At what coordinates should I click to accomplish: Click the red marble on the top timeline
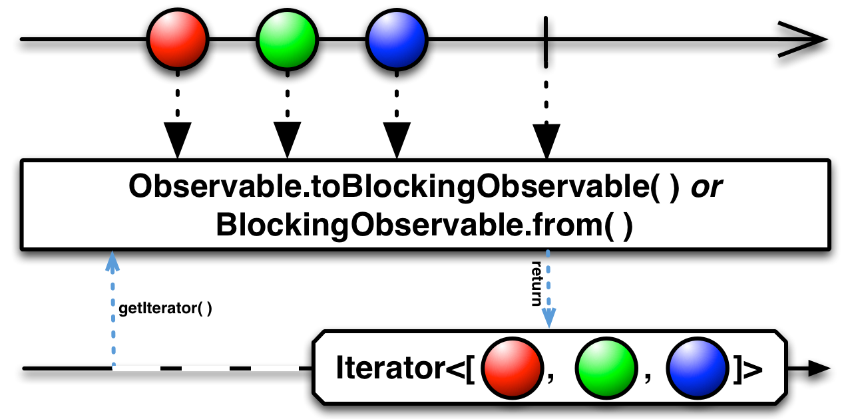pyautogui.click(x=178, y=39)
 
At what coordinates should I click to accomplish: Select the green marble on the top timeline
pyautogui.click(x=287, y=39)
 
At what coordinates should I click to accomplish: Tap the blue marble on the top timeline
pyautogui.click(x=397, y=39)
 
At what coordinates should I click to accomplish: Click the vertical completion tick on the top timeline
pyautogui.click(x=546, y=42)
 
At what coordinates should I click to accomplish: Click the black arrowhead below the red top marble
pyautogui.click(x=178, y=140)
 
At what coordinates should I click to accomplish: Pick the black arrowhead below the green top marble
pyautogui.click(x=287, y=140)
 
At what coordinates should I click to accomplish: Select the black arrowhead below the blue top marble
pyautogui.click(x=397, y=140)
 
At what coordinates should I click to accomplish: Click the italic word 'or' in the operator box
pyautogui.click(x=706, y=187)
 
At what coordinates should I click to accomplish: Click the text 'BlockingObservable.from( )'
pyautogui.click(x=425, y=225)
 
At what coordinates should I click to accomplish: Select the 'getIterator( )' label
pyautogui.click(x=165, y=308)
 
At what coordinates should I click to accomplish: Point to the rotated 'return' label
pyautogui.click(x=536, y=283)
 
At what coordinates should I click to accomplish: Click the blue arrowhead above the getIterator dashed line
pyautogui.click(x=112, y=261)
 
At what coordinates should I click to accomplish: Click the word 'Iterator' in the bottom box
pyautogui.click(x=391, y=368)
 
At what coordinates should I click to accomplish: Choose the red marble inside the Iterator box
pyautogui.click(x=512, y=368)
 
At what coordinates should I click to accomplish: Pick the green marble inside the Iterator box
pyautogui.click(x=606, y=368)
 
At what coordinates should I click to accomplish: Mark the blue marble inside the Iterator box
pyautogui.click(x=697, y=368)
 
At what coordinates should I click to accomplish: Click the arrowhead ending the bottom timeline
pyautogui.click(x=819, y=368)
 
